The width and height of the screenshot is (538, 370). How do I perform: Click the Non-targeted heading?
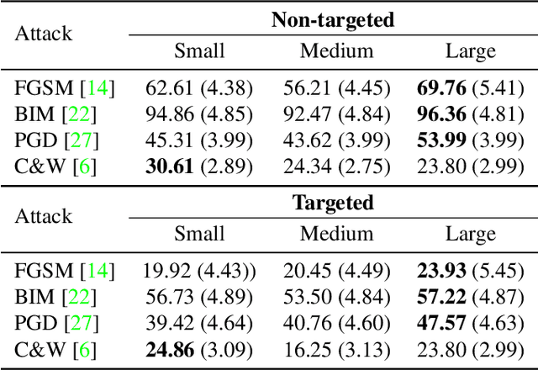point(332,20)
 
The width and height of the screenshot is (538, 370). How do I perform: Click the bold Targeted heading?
point(332,203)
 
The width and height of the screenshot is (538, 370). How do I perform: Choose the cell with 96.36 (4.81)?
point(471,113)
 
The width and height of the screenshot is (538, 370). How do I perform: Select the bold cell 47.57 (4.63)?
point(471,323)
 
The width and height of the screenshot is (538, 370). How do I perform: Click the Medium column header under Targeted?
point(336,233)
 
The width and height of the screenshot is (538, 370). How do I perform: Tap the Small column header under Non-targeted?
point(199,50)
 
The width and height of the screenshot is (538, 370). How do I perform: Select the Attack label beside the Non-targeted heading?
point(44,34)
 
